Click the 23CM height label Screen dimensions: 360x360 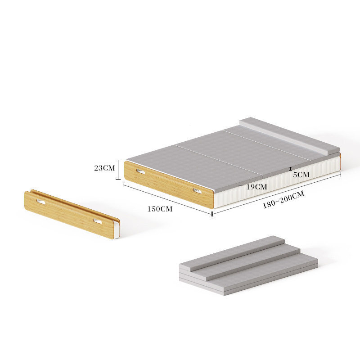point(104,168)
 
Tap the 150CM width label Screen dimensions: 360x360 point(160,209)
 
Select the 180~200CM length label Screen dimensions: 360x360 point(283,199)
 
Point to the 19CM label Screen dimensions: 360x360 point(256,187)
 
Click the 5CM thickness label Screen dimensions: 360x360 point(301,175)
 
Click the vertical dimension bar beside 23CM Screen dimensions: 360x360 point(118,170)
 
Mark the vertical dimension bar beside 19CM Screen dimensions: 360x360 point(241,193)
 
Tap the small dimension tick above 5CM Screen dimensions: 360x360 point(290,169)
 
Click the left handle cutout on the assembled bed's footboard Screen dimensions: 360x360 point(140,171)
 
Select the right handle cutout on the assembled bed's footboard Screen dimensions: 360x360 point(197,191)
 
